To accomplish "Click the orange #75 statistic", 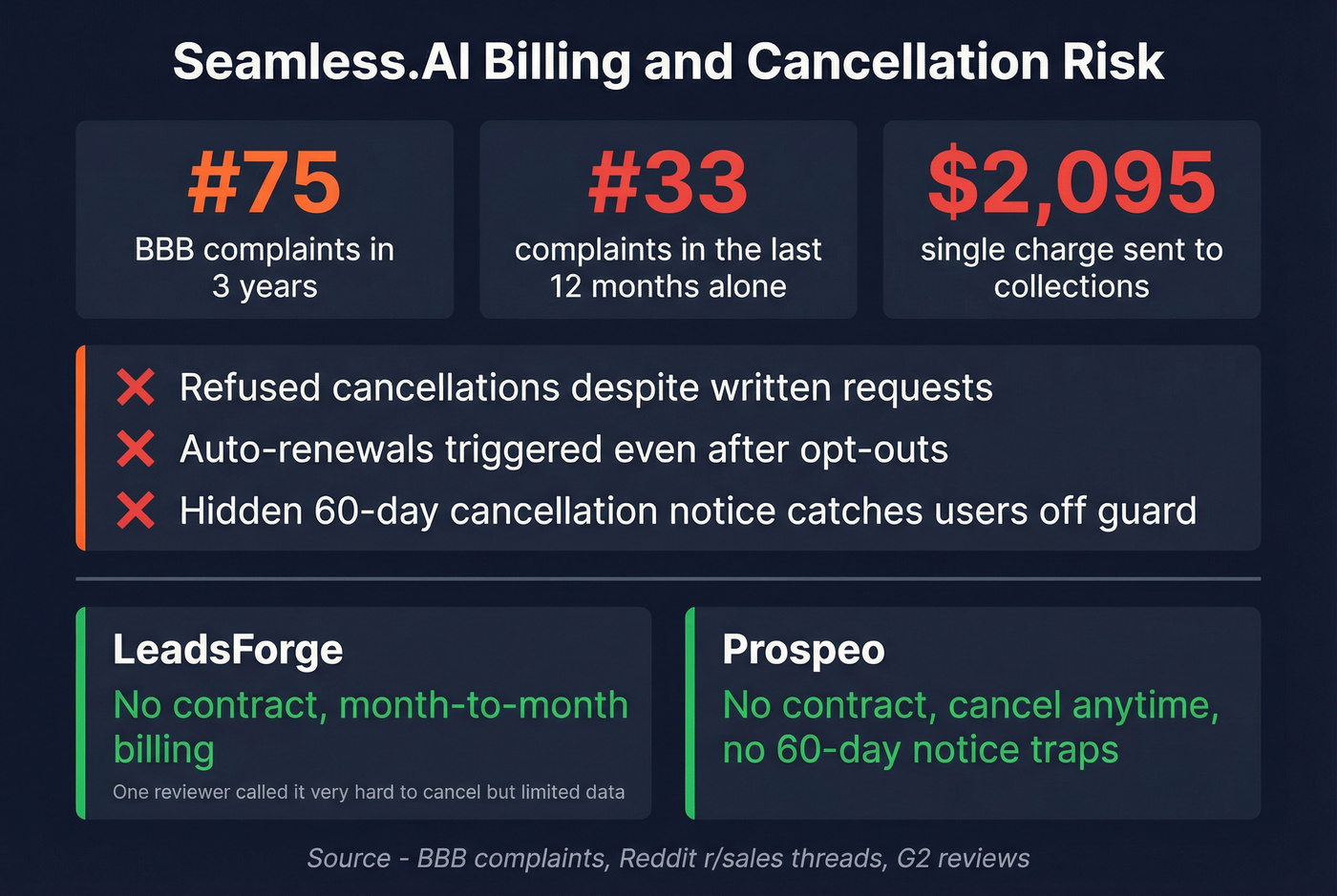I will point(265,182).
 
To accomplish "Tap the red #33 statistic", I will point(668,182).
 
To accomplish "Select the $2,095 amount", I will point(1072,182).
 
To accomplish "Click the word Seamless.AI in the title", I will point(321,62).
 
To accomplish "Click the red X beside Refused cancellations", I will point(136,388).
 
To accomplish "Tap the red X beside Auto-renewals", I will point(136,449).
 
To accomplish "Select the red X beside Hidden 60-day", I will point(136,511).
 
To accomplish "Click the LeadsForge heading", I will point(227,650).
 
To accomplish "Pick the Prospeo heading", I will point(803,650).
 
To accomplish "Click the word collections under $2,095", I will point(1072,286).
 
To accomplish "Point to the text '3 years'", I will point(265,286).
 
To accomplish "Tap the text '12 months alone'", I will point(668,286).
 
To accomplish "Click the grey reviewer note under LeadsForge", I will point(369,792).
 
